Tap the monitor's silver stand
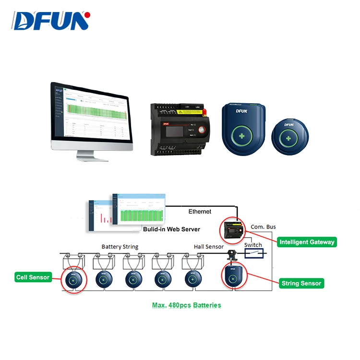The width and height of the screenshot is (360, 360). pos(92,155)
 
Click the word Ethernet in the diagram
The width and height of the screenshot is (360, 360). pos(200,211)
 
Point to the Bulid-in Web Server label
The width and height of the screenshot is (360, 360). pos(171,229)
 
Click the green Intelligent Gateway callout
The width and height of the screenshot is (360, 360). pos(307,242)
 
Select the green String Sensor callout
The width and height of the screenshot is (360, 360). pos(301,283)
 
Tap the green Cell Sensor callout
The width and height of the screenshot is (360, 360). pos(33,277)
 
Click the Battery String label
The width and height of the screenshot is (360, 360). pos(120,247)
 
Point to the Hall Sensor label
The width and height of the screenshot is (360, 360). pos(208,247)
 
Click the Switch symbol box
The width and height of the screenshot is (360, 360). pos(253,252)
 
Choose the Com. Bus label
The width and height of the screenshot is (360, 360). pos(264,227)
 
